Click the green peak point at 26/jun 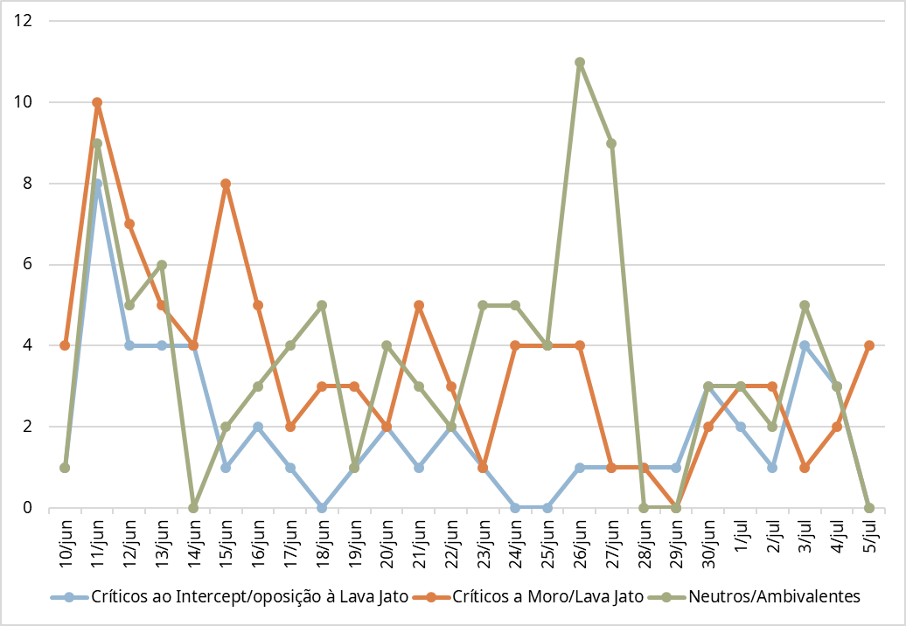click(x=580, y=62)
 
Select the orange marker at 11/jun click(x=97, y=102)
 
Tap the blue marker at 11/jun click(x=97, y=184)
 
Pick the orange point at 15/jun click(x=226, y=184)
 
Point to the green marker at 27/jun click(x=611, y=143)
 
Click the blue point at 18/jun click(x=322, y=507)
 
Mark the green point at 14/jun click(x=193, y=507)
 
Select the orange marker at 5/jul click(x=868, y=345)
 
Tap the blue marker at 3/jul click(x=804, y=345)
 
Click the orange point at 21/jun click(x=419, y=305)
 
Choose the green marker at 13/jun click(x=162, y=265)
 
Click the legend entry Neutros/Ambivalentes click(x=774, y=597)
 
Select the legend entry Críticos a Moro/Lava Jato click(x=547, y=597)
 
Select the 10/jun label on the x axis click(x=66, y=543)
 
